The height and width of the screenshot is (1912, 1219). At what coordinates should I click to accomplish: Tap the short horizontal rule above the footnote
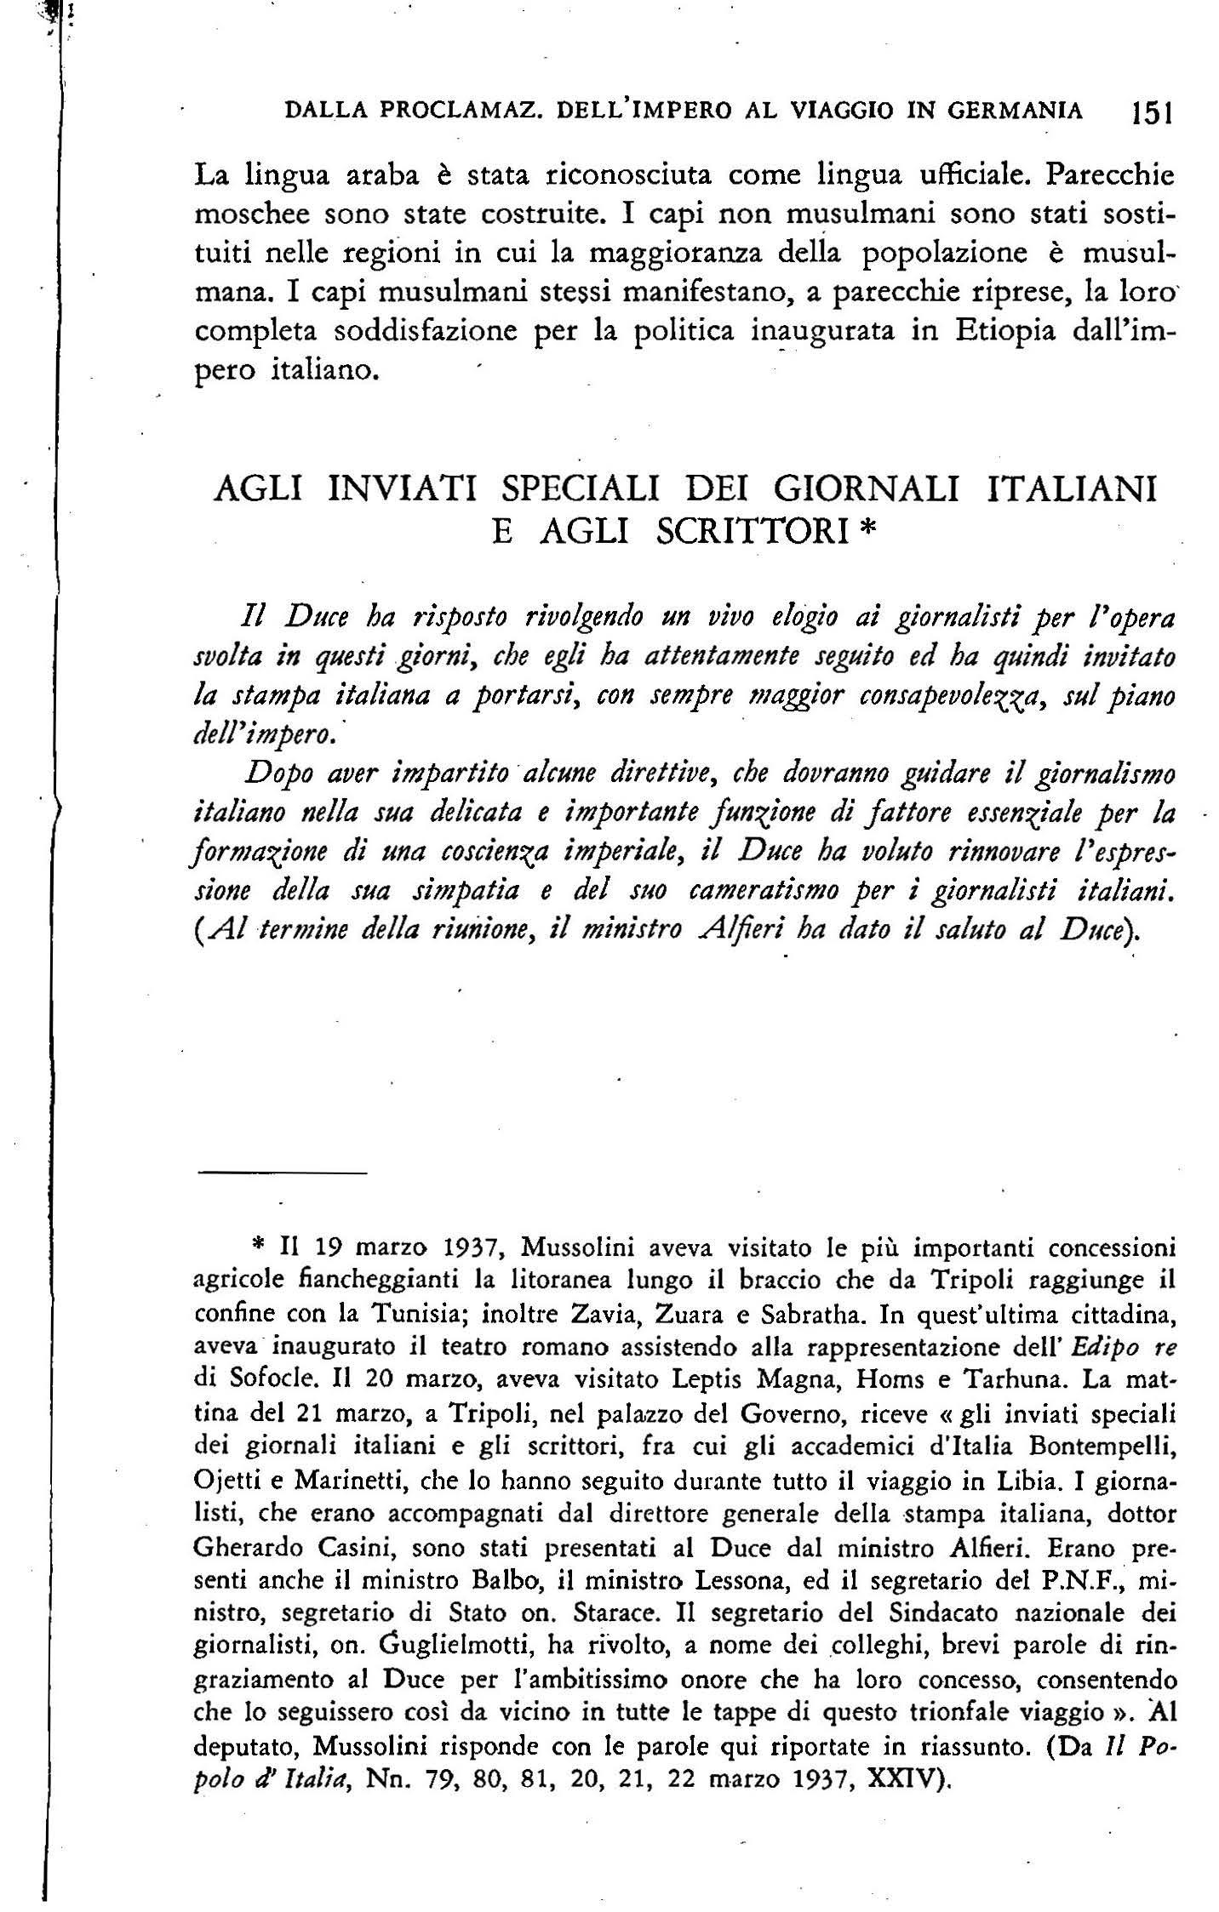[x=282, y=1174]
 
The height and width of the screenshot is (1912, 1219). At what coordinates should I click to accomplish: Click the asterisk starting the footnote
[x=260, y=1248]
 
